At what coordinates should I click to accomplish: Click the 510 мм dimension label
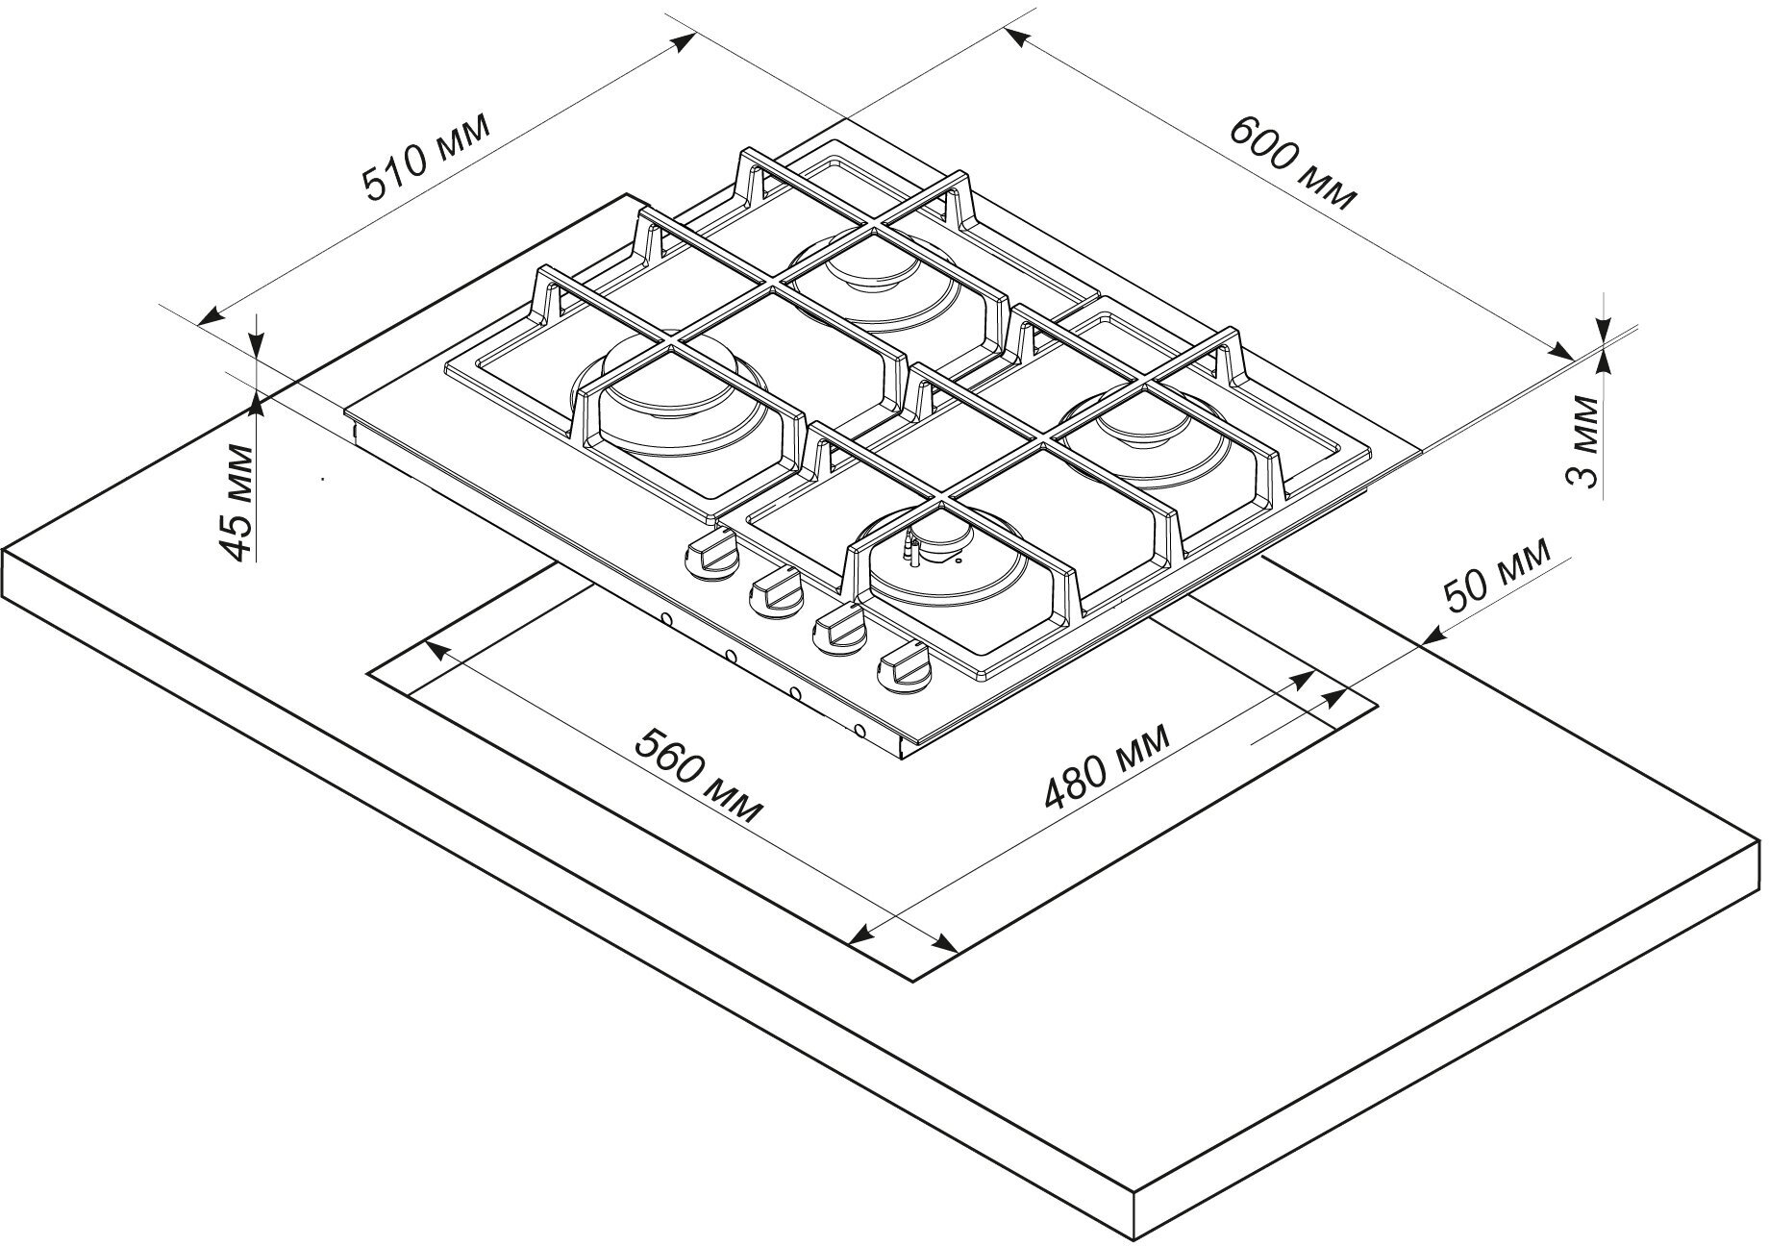425,159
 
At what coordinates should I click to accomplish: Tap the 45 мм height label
237,501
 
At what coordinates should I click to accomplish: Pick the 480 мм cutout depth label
1107,766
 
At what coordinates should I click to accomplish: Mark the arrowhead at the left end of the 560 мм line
429,647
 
